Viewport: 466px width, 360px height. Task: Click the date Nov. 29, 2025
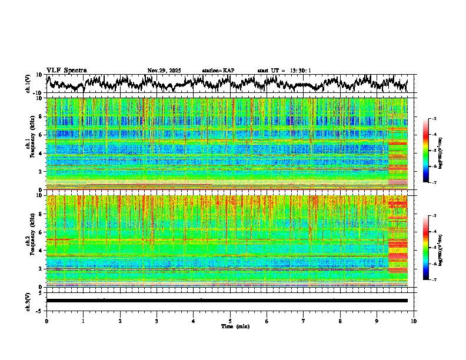click(x=164, y=71)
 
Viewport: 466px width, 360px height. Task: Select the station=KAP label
click(x=218, y=71)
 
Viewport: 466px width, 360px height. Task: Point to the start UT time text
click(x=284, y=71)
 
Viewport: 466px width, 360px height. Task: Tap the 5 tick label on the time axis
click(x=230, y=321)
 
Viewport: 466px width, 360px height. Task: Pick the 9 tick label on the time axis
click(x=377, y=321)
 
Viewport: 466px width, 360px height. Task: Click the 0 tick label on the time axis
click(x=46, y=321)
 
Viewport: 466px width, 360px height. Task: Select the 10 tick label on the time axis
click(x=414, y=321)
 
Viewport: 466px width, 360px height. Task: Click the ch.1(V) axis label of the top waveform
click(x=28, y=84)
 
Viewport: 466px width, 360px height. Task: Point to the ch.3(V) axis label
click(x=28, y=301)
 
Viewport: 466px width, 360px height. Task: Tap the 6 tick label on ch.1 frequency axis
click(x=41, y=135)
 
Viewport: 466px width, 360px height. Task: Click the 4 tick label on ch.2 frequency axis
click(x=41, y=250)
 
